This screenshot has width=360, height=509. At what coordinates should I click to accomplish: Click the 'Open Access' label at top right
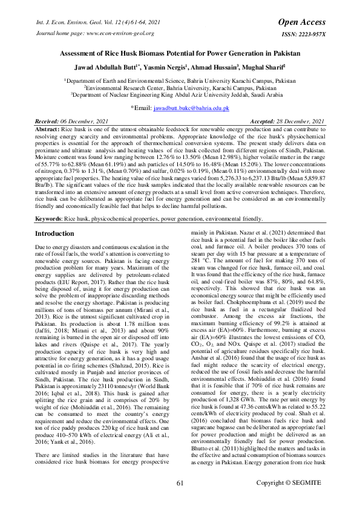tap(301, 22)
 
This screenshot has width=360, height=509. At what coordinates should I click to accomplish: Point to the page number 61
tap(180, 482)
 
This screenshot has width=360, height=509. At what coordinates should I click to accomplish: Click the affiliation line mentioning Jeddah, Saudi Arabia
tap(180, 94)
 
